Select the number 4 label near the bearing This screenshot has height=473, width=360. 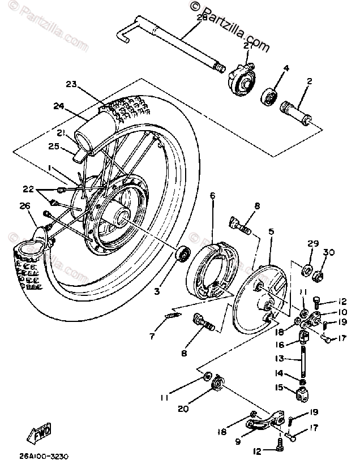[x=286, y=68]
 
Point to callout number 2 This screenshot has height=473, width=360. [x=310, y=81]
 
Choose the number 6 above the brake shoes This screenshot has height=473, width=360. [x=213, y=196]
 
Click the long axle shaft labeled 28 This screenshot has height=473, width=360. [x=170, y=42]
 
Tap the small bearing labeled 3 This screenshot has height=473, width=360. [x=183, y=252]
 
